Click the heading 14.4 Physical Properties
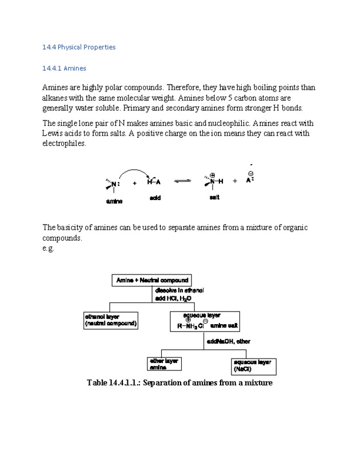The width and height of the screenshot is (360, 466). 79,47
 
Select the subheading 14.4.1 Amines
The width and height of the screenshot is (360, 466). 64,69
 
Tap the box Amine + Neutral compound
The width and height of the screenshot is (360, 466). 151,280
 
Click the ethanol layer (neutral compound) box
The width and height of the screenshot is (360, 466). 111,320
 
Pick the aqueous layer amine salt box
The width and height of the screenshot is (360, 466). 205,321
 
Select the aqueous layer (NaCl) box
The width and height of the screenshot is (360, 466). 254,366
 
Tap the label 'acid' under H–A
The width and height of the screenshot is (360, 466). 155,197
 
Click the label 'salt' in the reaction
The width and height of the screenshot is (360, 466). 214,197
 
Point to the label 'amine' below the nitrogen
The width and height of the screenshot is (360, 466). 114,201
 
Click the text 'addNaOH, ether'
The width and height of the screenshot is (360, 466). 228,341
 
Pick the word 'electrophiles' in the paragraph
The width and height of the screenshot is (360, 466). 64,144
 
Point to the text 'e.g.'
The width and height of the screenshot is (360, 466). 48,248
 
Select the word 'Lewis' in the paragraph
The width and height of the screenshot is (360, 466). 53,134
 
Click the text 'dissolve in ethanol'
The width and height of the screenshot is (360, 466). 179,291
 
